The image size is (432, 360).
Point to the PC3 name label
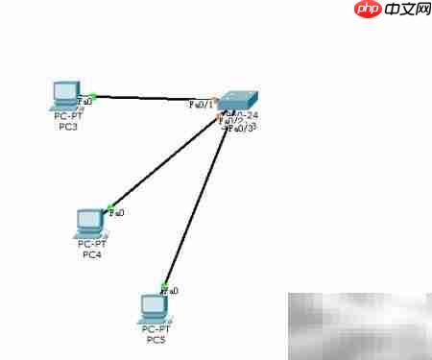coord(67,126)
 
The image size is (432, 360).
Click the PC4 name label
coord(91,254)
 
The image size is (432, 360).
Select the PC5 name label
coord(155,339)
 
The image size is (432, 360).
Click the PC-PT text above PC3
coord(67,116)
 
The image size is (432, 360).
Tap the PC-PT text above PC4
coord(91,245)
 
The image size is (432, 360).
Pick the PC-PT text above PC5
coord(155,329)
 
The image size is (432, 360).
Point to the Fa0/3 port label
coord(243,128)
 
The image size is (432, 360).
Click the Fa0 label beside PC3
coord(86,100)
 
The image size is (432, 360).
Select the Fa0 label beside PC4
coord(117,212)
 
